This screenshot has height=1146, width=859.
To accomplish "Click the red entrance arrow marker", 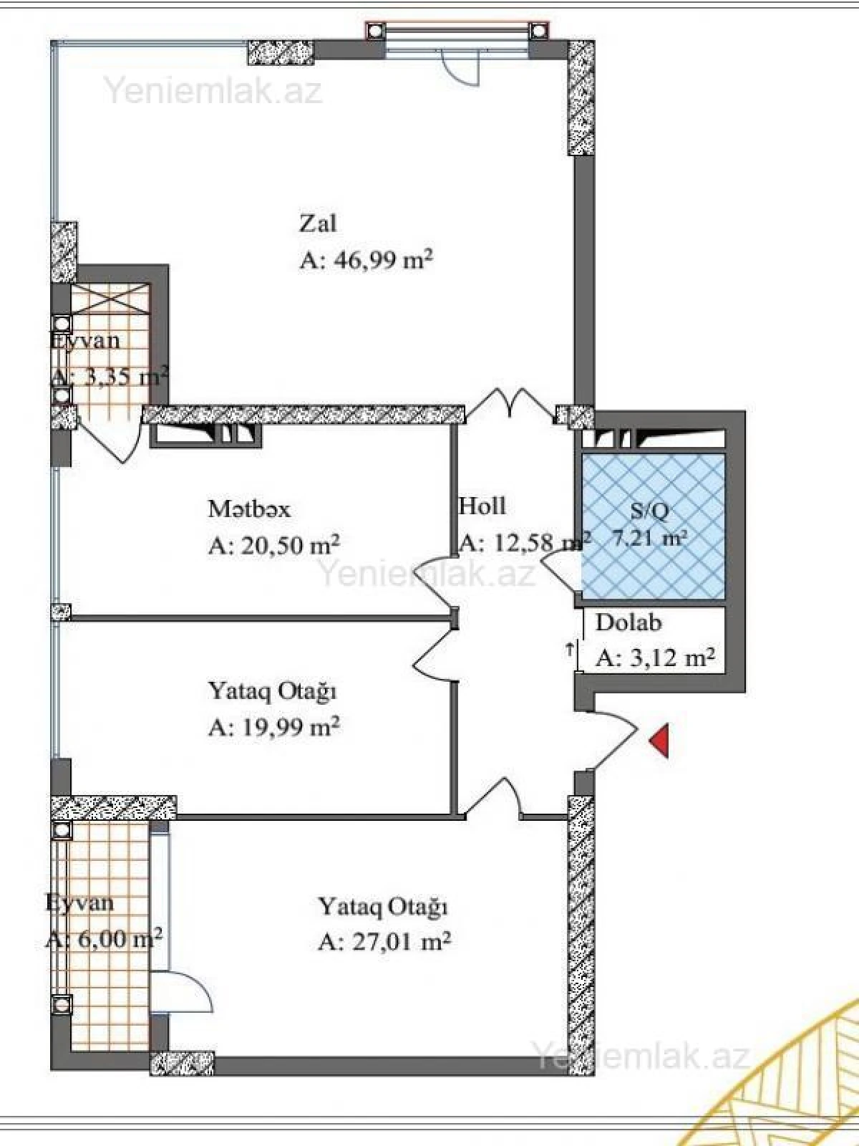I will tap(660, 741).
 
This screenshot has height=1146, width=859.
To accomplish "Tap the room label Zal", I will tap(317, 223).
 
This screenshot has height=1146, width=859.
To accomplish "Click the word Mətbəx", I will tap(249, 509).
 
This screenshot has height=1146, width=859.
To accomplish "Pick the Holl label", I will tap(482, 506).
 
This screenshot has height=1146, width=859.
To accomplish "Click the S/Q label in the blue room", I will tap(650, 511).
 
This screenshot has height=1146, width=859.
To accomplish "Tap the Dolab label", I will tap(628, 622).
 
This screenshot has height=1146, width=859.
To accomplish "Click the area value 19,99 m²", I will tap(290, 728).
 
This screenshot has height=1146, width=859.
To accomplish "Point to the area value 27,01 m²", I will tap(401, 941).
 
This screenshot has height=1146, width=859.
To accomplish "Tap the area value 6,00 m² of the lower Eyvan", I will tap(115, 938).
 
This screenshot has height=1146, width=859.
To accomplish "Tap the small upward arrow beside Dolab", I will tap(569, 650).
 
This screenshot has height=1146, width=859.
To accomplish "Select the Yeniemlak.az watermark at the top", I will tap(213, 92).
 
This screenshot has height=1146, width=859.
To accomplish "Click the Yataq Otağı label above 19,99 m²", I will tap(272, 692).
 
